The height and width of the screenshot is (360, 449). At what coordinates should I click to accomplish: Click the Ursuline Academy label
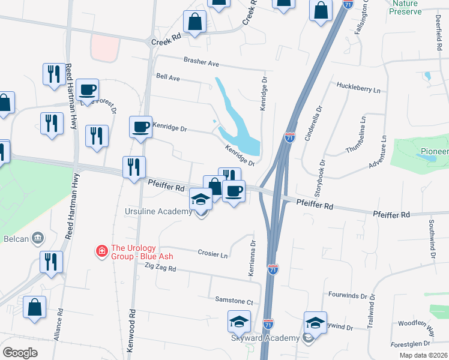(x=159, y=212)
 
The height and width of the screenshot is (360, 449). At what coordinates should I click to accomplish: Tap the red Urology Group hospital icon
(x=103, y=250)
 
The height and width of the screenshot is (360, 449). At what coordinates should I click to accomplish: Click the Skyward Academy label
(x=266, y=338)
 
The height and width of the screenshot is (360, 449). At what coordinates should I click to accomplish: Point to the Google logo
(x=20, y=353)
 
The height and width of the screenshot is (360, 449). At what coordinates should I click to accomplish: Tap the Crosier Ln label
(x=213, y=254)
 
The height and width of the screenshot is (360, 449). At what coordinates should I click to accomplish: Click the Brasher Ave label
(x=202, y=62)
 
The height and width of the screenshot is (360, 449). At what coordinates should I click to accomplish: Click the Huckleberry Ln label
(x=359, y=90)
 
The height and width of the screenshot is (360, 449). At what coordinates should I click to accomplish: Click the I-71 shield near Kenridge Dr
(x=290, y=137)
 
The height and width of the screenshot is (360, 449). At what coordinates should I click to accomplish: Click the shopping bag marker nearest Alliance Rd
(x=35, y=307)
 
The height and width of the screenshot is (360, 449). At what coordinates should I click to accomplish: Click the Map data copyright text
(x=423, y=355)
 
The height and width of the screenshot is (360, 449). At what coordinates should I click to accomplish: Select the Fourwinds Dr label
(x=352, y=295)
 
